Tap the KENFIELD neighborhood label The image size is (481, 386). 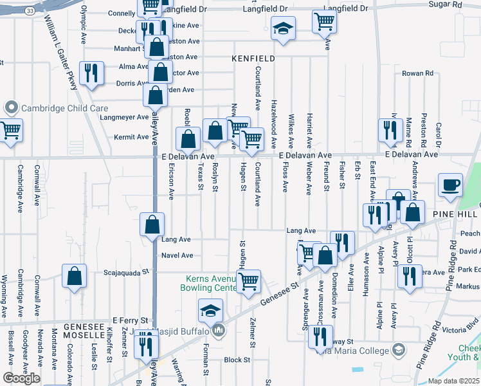[x=253, y=59]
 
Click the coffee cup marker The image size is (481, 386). [x=450, y=185]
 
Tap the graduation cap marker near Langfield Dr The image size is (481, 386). [x=283, y=29]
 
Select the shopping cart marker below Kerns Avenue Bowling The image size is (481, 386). [x=248, y=281]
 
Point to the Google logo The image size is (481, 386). [x=21, y=378]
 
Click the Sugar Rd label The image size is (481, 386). [x=466, y=4]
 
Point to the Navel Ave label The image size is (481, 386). [x=177, y=255]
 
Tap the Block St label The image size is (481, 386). [x=237, y=360]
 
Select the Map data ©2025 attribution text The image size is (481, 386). [x=454, y=381]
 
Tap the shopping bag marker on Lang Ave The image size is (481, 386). [x=152, y=225]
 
